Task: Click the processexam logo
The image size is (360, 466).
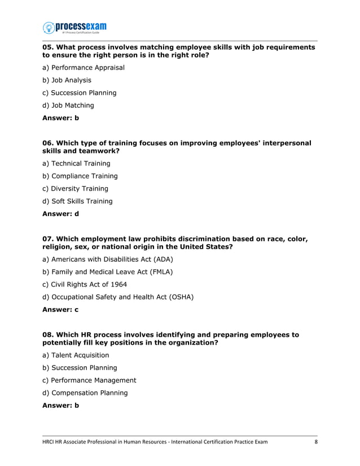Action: [x=74, y=27]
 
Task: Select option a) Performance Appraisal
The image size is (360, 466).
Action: [x=84, y=68]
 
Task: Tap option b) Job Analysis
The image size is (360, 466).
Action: [x=67, y=80]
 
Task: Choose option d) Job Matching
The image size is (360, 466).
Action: [x=68, y=105]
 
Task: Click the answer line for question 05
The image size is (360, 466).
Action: [x=61, y=118]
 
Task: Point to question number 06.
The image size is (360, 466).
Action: [x=48, y=143]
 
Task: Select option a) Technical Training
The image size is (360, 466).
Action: [x=76, y=164]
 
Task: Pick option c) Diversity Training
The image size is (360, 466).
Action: [x=75, y=188]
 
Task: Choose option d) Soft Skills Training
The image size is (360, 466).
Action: [x=77, y=201]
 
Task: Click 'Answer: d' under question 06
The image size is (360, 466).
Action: [x=61, y=214]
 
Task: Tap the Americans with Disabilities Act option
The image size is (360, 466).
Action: [x=108, y=260]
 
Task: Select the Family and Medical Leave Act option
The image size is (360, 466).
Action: [x=108, y=272]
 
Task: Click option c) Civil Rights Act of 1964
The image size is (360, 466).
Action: [x=85, y=284]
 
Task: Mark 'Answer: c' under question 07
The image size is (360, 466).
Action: [x=60, y=310]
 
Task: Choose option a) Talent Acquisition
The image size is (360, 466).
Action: [x=76, y=355]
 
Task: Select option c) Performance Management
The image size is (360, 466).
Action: [x=89, y=380]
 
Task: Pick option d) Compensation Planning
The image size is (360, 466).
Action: [x=85, y=393]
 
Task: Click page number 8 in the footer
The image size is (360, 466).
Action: [x=316, y=442]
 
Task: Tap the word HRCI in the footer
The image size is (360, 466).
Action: [x=50, y=442]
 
